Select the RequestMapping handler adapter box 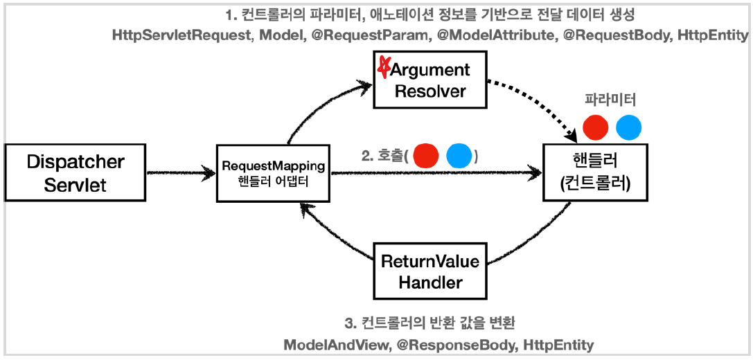tap(274, 173)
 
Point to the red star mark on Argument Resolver tap(382, 67)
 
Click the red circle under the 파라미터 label tap(596, 128)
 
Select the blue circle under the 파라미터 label tap(629, 128)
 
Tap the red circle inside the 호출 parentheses tap(426, 156)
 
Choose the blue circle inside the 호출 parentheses tap(459, 156)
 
